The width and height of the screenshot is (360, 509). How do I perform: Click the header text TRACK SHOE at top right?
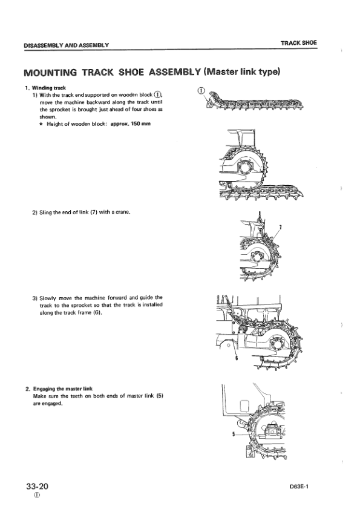(299, 43)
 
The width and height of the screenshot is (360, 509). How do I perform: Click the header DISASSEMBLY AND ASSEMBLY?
(66, 45)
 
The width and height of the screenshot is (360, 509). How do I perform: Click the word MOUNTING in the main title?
(50, 73)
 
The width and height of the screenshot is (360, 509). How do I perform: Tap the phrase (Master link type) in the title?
(241, 71)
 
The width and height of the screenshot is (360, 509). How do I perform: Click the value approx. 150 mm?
(131, 123)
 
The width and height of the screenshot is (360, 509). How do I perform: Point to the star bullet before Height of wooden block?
(42, 124)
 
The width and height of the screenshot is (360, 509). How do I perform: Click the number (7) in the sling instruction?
(94, 212)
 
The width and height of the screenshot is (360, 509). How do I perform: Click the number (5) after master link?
(160, 396)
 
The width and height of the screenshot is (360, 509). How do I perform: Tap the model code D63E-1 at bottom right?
(299, 487)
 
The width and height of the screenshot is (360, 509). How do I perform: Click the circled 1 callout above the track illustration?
(201, 91)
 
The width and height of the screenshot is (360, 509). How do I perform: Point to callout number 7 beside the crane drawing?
(280, 227)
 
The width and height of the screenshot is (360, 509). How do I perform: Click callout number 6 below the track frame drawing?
(236, 358)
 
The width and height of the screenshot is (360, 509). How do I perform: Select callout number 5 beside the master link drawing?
(234, 434)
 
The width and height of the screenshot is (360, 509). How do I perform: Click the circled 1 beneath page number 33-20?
(37, 495)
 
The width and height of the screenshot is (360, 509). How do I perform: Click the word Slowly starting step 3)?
(48, 298)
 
